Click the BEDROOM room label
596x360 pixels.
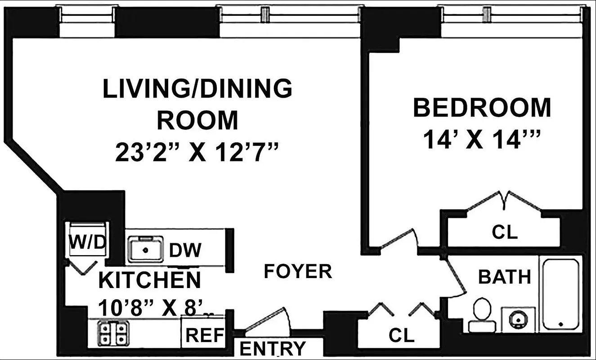coord(482,108)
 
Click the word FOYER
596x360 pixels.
coord(298,271)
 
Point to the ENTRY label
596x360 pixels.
coord(272,348)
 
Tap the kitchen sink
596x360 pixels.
coord(145,249)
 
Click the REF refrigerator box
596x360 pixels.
coord(205,335)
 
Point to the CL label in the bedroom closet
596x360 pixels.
coord(504,232)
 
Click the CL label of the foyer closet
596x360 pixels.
coord(401,336)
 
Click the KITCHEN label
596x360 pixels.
coord(149,280)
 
